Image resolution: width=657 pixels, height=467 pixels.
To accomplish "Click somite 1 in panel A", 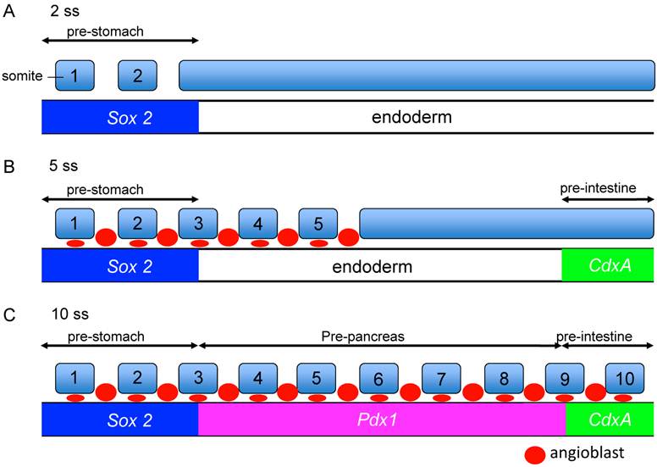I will pos(75,75).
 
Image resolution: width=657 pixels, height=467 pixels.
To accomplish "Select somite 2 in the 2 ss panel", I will pos(137,75).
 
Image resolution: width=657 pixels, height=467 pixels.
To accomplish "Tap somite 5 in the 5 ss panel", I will pos(318,225).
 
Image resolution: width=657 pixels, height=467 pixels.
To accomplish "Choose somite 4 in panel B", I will pos(257,225).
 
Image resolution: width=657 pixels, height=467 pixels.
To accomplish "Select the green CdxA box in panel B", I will pos(607,266).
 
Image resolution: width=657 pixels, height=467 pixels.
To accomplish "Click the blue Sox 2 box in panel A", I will pos(120,117).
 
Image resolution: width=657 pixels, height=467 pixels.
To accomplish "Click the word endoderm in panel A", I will pos(411,117).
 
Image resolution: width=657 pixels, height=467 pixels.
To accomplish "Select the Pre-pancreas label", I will pos(363,336).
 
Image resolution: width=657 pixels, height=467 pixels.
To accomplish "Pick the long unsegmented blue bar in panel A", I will pos(417,75).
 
